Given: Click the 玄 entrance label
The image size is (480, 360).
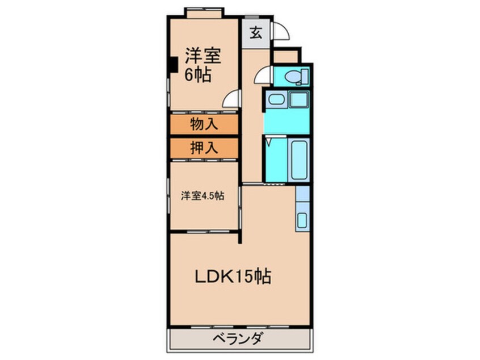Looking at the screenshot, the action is point(256,33).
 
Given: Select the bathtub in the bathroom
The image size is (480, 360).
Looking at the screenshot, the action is point(299,160).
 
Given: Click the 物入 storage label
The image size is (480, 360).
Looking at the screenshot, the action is point(204,124).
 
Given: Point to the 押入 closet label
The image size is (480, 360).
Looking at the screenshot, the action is point(204,148).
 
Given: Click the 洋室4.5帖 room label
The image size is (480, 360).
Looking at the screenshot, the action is point(203,195).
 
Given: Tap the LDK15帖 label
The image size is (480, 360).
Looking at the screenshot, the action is point(233,276).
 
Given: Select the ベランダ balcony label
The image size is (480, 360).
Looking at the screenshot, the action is point(237,340).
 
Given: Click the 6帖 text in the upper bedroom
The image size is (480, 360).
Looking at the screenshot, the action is point(198,74).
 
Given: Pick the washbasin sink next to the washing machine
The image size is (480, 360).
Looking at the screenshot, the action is point(276,99).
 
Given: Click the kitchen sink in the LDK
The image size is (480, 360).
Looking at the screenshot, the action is point(302,220).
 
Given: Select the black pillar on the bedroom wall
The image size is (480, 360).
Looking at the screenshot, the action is point(174,65).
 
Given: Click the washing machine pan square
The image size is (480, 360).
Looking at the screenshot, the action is point(299,99).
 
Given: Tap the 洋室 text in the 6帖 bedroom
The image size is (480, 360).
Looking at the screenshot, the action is point(203,56).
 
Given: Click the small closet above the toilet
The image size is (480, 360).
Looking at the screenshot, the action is point(285,57).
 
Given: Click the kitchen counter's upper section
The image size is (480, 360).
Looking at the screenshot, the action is point(302,194).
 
